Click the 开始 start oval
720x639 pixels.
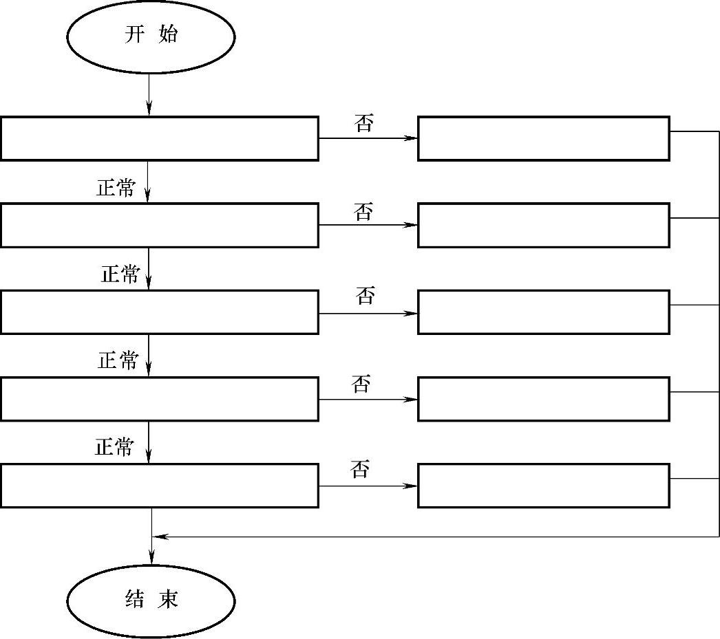tap(151, 36)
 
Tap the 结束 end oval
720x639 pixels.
tap(151, 600)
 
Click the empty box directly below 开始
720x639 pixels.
tap(159, 138)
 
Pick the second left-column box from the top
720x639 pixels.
tap(159, 225)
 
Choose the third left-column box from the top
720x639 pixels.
tap(159, 312)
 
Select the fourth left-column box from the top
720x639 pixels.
tap(159, 399)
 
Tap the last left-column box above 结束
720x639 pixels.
tap(159, 486)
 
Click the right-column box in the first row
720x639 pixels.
tap(543, 138)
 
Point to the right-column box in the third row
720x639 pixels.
tap(543, 312)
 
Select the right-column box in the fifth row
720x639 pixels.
tap(543, 486)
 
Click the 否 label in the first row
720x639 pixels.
tap(364, 124)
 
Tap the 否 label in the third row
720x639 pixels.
tap(366, 296)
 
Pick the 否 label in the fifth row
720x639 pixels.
tap(360, 471)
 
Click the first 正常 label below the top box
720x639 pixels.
tap(116, 188)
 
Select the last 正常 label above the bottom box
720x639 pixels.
tap(114, 448)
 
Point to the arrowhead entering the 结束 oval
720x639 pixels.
tap(151, 559)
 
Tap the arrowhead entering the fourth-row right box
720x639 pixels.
tap(412, 399)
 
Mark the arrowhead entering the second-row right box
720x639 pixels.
tap(412, 225)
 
